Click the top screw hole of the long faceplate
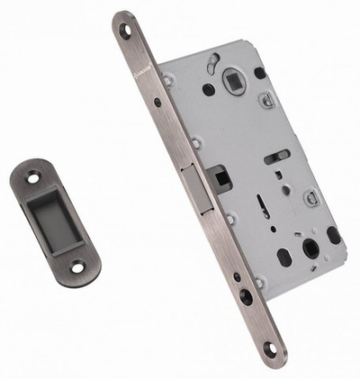(x=125, y=30)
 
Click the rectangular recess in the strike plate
(x=56, y=221)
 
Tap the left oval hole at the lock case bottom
(x=284, y=257)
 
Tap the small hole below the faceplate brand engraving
(x=157, y=103)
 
